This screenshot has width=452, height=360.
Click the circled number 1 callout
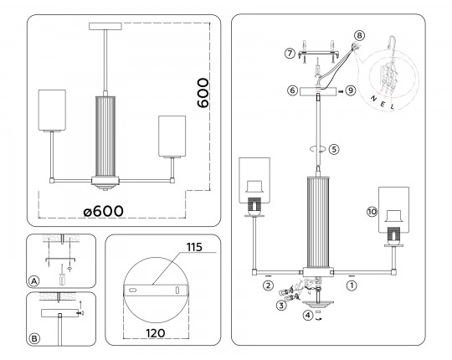[x=352, y=285]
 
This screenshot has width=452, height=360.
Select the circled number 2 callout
[x=268, y=285]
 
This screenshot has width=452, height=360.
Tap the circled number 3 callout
[x=281, y=306]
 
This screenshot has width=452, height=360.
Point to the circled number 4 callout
[x=308, y=315]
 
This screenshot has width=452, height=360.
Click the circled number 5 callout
[x=334, y=149]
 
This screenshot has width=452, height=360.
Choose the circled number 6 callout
[x=292, y=90]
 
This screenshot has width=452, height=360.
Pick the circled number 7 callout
[x=290, y=54]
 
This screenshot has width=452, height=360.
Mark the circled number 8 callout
[x=359, y=36]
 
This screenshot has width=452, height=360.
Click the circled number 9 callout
[x=350, y=90]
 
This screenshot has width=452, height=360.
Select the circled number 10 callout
[x=372, y=212]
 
